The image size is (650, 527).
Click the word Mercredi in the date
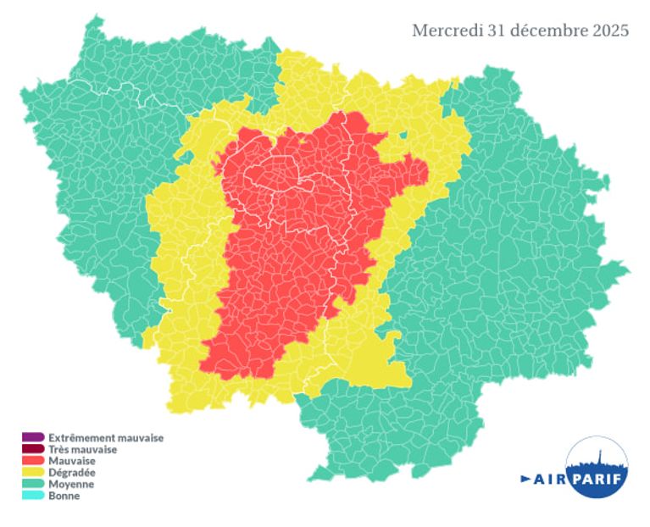point(447,31)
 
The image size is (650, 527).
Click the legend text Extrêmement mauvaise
point(106,438)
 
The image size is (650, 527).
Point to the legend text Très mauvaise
point(82,450)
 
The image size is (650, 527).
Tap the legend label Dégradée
point(72,473)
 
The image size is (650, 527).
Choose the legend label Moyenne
point(71,485)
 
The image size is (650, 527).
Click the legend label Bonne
point(64,496)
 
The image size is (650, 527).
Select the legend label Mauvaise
point(72,461)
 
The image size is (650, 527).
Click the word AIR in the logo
point(551,480)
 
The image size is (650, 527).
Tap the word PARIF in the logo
point(598,480)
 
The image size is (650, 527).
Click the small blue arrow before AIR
point(525,480)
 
